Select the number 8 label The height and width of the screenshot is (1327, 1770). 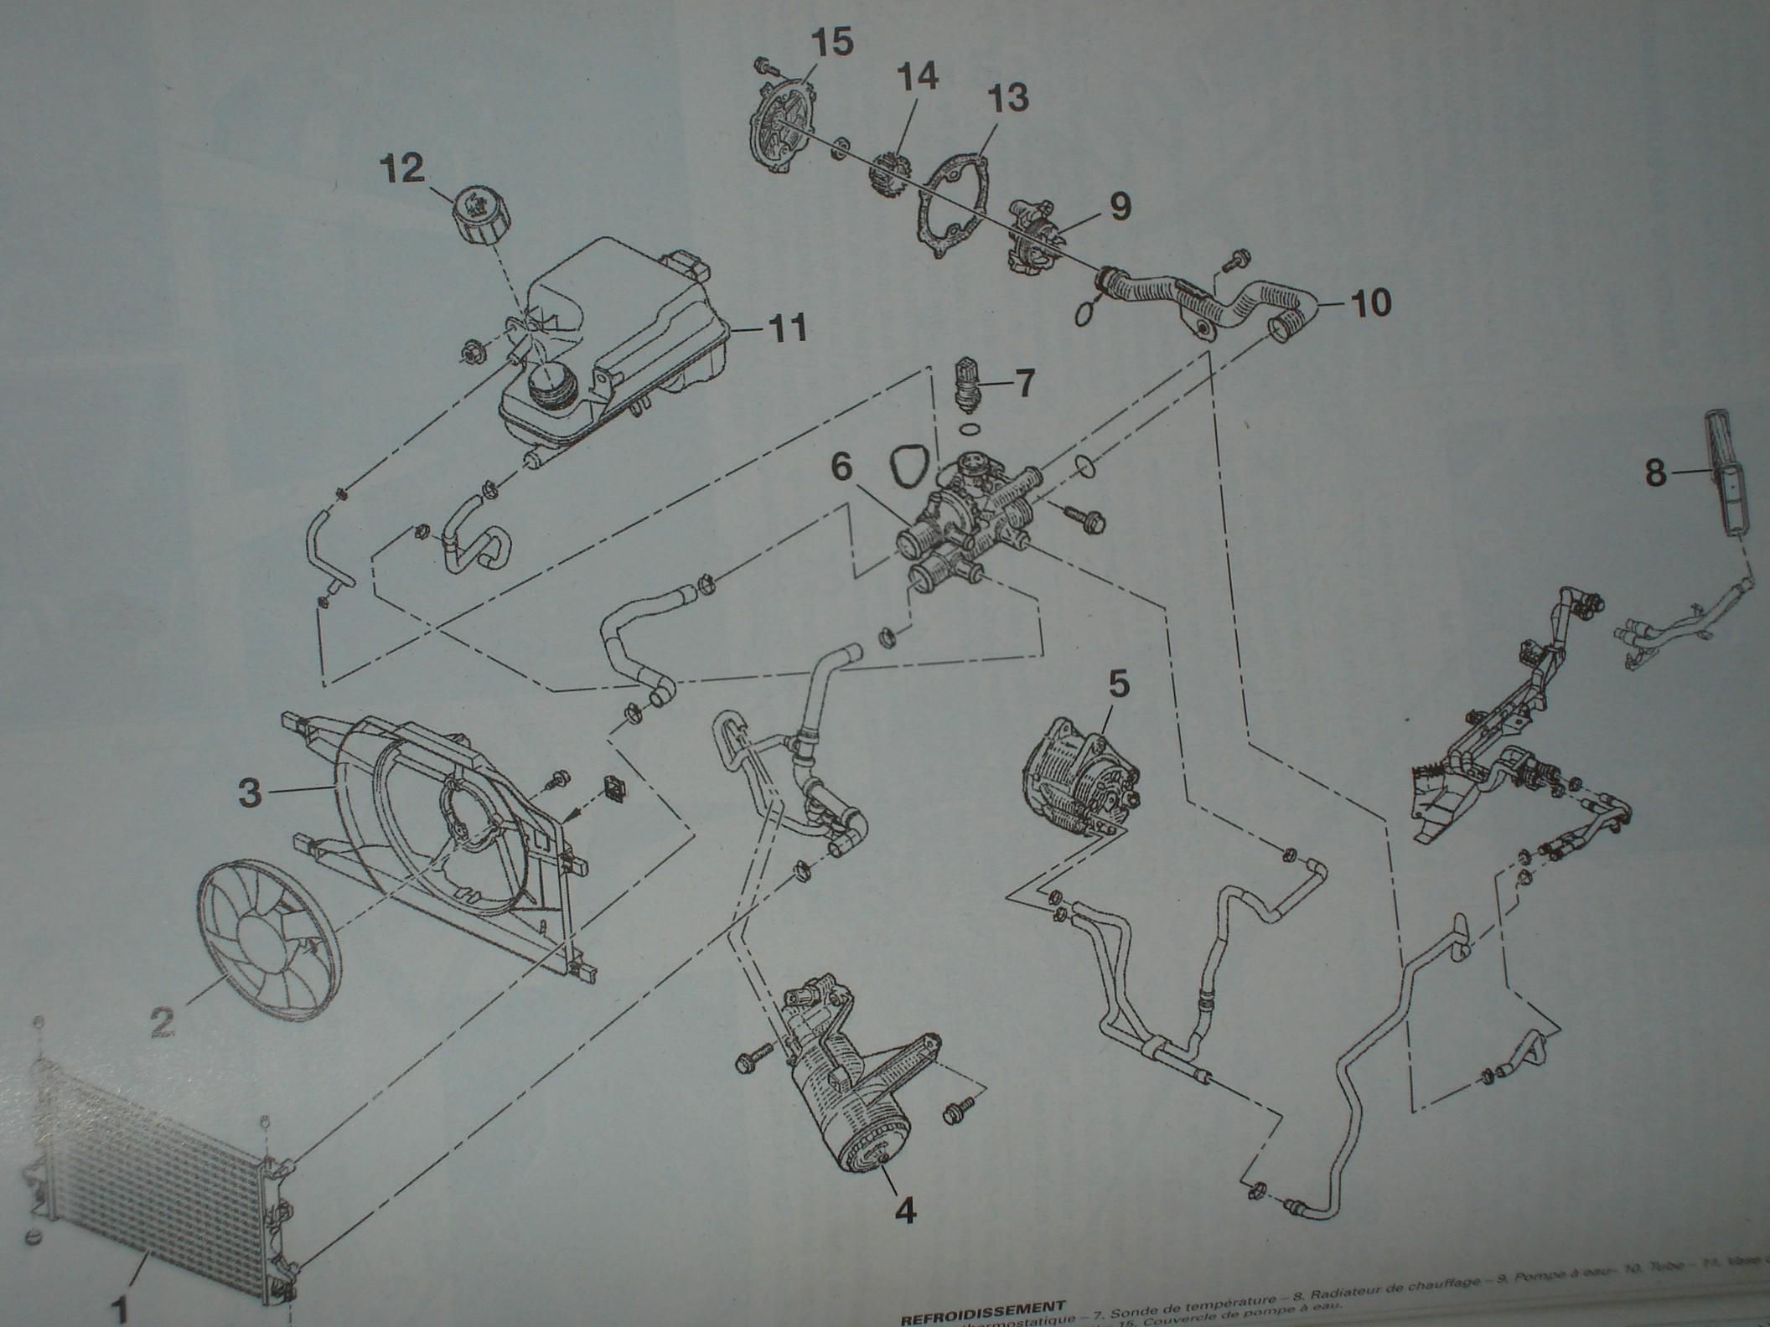click(x=1655, y=472)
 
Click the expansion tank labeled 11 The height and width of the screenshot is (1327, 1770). click(x=612, y=335)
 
